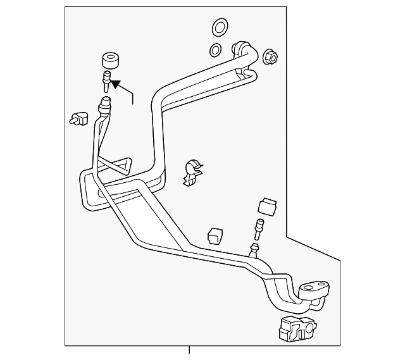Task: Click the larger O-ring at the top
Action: coord(219,27)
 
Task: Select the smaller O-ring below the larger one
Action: coord(215,50)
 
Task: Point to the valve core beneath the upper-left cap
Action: coord(106,83)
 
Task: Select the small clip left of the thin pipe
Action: coord(78,118)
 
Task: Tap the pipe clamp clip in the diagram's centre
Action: coord(191,173)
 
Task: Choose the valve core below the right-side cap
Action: coord(258,226)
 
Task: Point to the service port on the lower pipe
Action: coord(256,249)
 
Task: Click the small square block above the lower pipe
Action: coord(215,235)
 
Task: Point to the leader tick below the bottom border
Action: coord(189,350)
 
